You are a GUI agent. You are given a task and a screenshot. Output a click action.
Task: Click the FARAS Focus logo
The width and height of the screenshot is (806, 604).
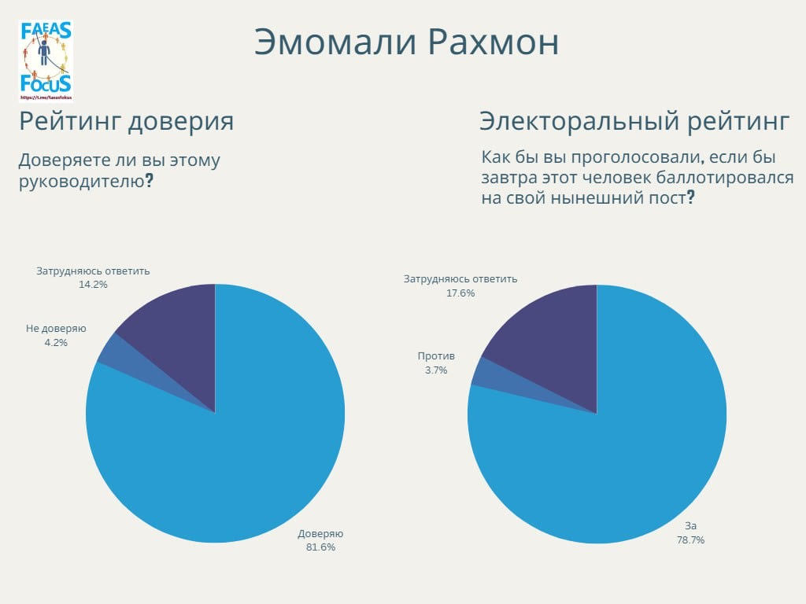[x=46, y=61]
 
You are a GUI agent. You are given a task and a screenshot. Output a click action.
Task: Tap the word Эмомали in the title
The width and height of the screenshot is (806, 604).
[x=335, y=42]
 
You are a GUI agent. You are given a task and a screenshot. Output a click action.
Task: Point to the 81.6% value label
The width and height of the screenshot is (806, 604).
[x=320, y=547]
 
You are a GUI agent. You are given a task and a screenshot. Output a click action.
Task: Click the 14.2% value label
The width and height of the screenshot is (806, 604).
[x=93, y=285]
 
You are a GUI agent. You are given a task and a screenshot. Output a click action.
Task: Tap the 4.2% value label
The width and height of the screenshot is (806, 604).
[x=56, y=342]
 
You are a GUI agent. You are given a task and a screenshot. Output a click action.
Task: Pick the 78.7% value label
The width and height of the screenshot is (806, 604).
[x=690, y=540]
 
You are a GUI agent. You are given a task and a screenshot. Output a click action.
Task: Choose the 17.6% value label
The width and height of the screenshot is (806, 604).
[x=460, y=293]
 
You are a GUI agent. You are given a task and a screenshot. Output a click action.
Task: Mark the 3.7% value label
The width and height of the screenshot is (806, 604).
[x=436, y=370]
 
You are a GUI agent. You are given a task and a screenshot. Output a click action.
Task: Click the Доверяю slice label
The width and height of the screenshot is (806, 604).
[x=320, y=533]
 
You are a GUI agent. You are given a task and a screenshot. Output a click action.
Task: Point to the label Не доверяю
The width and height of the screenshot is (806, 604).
[x=56, y=329]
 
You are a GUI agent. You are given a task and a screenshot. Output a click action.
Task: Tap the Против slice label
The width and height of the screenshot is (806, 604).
[x=436, y=356]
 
